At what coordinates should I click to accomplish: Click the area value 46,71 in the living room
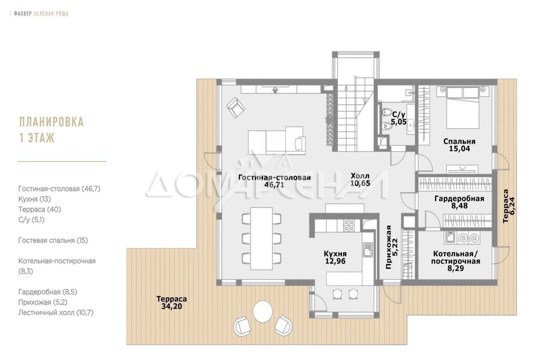coord(275,185)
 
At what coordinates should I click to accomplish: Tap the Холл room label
coord(360,176)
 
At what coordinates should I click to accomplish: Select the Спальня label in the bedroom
coord(459,142)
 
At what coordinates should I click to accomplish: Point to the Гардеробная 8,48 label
coord(459,202)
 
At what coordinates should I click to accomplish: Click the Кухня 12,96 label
coord(335,258)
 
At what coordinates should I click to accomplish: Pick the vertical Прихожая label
coord(388,247)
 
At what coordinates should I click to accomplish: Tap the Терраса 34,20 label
coord(172,303)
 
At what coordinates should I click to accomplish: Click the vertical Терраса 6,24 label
coord(509,206)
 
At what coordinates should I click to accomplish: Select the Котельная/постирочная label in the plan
coord(456,257)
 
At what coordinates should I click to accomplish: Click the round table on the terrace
coord(263,311)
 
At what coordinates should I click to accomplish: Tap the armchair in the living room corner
coord(236,107)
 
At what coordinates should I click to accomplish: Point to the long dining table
coord(262,239)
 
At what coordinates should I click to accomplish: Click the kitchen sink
coord(368,250)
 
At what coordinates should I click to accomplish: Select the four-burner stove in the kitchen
coord(349,226)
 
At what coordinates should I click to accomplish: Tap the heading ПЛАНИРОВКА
coord(52,122)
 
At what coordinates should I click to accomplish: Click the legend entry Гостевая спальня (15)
coord(53,240)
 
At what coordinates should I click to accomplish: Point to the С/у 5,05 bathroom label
coord(399,118)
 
